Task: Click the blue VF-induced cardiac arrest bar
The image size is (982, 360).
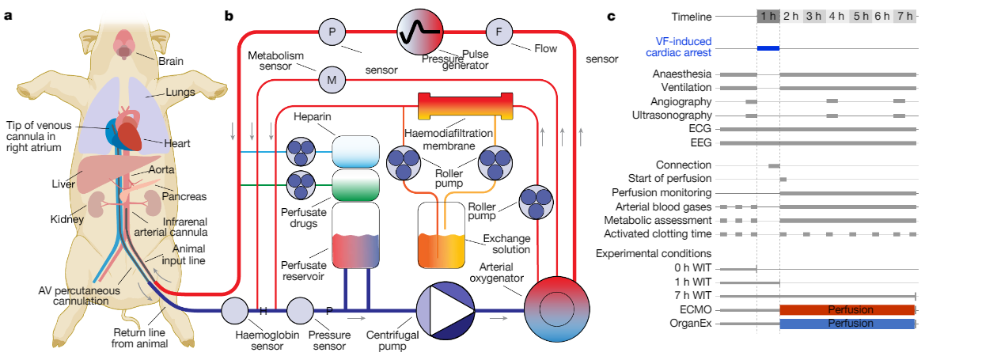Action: (768, 48)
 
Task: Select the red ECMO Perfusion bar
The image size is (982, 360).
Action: (847, 309)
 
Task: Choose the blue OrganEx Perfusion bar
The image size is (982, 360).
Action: (847, 324)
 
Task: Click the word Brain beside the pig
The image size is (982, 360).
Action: (171, 61)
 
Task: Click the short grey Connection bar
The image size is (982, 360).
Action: (774, 165)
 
